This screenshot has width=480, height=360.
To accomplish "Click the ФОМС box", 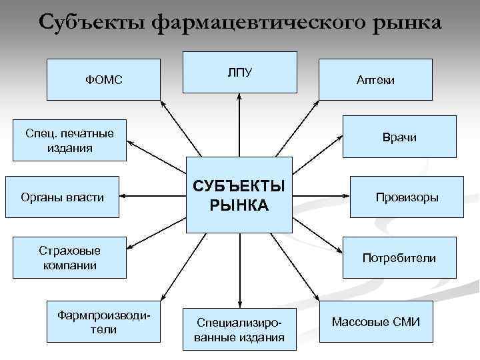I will pyautogui.click(x=104, y=79).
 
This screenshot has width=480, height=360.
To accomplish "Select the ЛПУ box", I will pyautogui.click(x=239, y=73).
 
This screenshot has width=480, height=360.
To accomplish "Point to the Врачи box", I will pyautogui.click(x=399, y=137).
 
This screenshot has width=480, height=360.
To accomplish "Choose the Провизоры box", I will pyautogui.click(x=407, y=197).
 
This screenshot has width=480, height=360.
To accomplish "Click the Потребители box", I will pyautogui.click(x=399, y=257).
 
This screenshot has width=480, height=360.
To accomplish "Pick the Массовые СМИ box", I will pyautogui.click(x=375, y=322).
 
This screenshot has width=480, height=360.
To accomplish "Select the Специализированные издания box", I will pyautogui.click(x=239, y=329).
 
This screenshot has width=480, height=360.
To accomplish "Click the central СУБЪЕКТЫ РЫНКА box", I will pyautogui.click(x=239, y=195).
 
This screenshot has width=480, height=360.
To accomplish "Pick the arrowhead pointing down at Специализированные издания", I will pyautogui.click(x=239, y=303).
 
